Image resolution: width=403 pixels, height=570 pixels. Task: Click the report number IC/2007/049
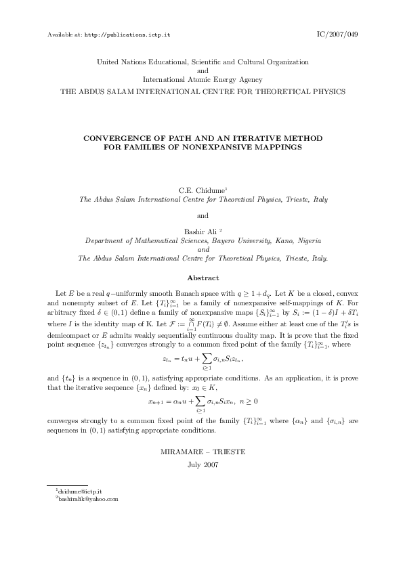coord(337,33)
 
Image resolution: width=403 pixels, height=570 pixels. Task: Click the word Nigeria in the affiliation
coord(305,240)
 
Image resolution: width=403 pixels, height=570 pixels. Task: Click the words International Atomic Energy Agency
coord(203,79)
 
